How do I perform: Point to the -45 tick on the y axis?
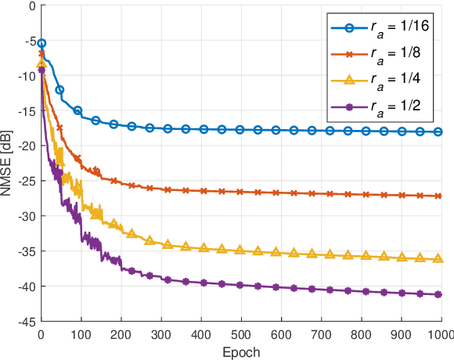26,322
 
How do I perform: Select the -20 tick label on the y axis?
26,146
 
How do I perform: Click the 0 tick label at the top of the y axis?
31,5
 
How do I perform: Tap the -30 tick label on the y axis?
26,216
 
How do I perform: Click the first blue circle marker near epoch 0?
42,43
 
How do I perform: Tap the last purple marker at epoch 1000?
438,294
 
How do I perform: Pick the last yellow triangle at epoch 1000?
438,258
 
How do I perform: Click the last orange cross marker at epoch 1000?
438,196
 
